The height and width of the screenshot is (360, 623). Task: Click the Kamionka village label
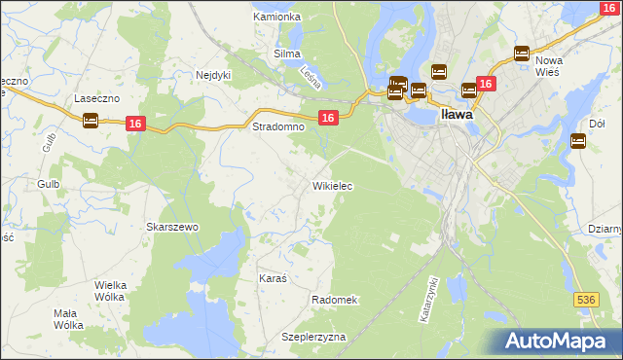point(277,17)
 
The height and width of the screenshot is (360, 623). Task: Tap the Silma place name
point(287,54)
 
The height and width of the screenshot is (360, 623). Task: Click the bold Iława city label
point(458,114)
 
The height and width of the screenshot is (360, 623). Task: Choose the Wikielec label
point(332,185)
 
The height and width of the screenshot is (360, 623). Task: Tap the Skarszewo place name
point(172,227)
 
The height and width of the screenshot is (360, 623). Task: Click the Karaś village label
point(273,278)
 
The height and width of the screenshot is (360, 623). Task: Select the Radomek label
point(336,300)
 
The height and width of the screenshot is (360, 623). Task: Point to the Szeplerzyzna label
point(314,337)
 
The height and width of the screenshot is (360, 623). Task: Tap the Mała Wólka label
point(67,320)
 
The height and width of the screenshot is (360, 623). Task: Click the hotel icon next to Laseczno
point(91,121)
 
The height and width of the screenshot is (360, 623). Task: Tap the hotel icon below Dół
point(577,141)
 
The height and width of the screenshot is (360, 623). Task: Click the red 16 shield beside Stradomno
point(328,118)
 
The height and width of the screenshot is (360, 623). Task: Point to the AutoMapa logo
point(561,342)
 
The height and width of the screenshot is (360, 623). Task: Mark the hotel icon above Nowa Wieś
point(521,54)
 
